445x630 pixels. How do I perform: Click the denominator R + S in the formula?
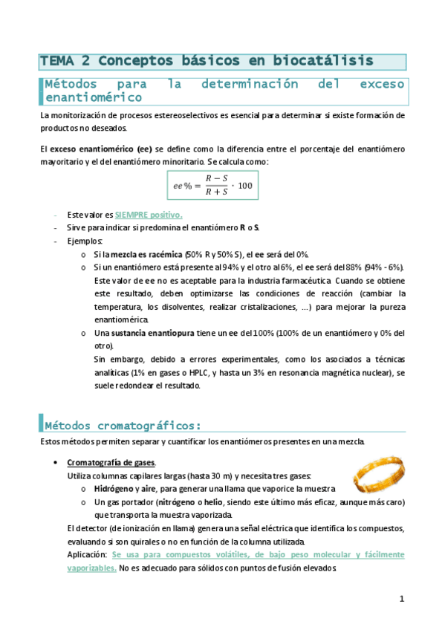tap(217, 192)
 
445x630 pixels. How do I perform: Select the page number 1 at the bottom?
tap(401, 598)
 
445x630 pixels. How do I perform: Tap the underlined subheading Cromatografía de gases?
tap(111, 463)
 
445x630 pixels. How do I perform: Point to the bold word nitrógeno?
tap(178, 502)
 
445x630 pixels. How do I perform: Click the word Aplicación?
tap(86, 554)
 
